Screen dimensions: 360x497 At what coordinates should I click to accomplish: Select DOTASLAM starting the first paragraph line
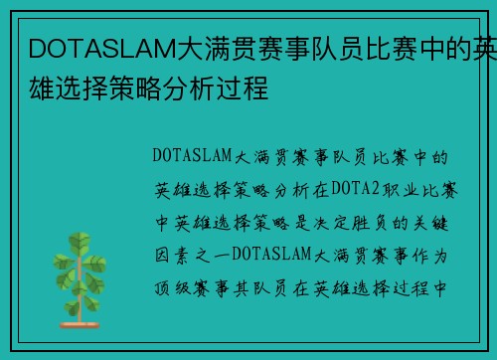point(193,156)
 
